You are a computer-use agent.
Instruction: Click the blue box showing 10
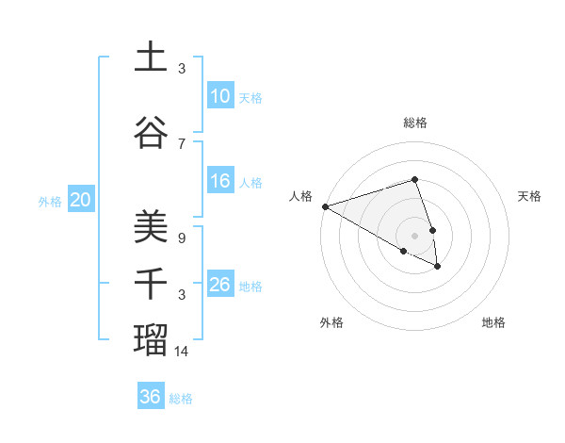219,96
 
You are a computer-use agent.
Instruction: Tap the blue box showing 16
219,181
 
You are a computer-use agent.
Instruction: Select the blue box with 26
219,285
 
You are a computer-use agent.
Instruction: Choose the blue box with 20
81,199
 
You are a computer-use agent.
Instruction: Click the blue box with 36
151,397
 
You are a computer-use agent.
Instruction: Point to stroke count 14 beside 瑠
182,352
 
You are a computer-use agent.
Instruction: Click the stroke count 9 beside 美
182,238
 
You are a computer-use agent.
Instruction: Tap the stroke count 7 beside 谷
182,143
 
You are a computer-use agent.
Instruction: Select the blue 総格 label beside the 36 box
181,399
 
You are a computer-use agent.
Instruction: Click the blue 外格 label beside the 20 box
50,201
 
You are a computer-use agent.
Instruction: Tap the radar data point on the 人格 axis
325,206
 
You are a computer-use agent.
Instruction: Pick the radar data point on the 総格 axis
414,179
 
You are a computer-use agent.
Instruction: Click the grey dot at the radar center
414,235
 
